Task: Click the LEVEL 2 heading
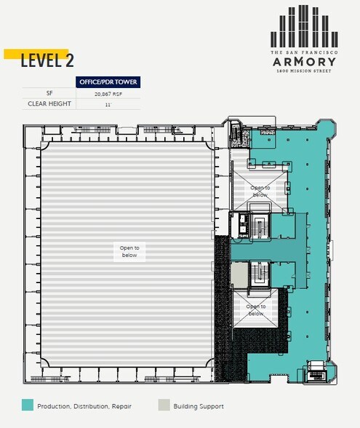(47, 60)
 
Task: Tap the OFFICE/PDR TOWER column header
(108, 82)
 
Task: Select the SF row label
(48, 93)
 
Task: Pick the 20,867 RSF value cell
(108, 94)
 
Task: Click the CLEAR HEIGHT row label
(48, 104)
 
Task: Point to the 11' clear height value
(108, 105)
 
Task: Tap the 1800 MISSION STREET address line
(304, 71)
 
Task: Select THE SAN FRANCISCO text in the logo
(304, 53)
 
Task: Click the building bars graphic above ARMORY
(304, 27)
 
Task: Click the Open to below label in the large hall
(129, 251)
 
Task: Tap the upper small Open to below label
(260, 191)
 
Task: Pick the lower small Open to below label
(256, 310)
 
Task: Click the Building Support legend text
(199, 406)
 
